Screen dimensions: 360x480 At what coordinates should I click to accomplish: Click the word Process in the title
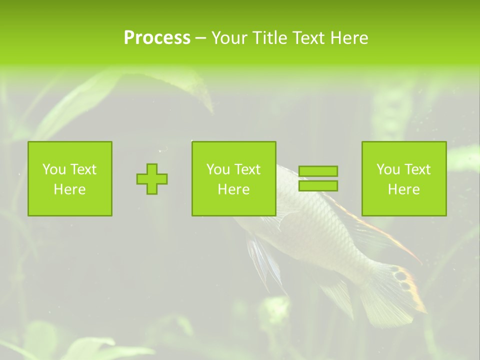[157, 38]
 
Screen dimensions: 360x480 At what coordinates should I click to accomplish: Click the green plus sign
[152, 179]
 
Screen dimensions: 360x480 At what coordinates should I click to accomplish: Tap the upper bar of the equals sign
[318, 171]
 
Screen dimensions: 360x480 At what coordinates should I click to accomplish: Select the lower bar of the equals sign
[318, 186]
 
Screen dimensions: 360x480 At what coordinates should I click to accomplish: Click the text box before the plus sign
[70, 179]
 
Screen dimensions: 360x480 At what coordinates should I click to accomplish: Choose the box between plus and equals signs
[234, 179]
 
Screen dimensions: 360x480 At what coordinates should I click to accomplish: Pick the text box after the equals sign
[404, 179]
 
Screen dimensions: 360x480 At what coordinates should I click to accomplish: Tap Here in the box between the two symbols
[234, 189]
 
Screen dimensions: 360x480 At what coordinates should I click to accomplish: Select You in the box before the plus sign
[54, 169]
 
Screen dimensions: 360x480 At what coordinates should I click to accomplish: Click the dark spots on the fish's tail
[401, 274]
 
